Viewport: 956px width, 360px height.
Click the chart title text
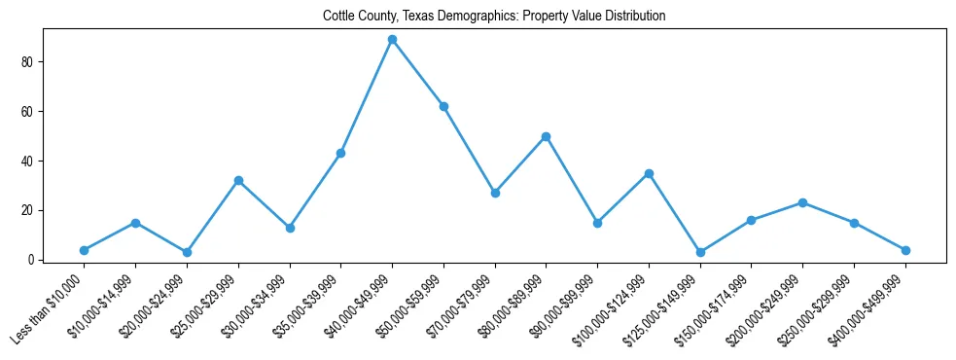point(495,17)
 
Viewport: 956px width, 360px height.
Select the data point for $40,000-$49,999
point(392,40)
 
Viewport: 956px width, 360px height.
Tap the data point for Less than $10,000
point(85,250)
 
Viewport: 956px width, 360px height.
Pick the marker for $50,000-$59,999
point(443,106)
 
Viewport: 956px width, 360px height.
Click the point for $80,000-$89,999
point(546,136)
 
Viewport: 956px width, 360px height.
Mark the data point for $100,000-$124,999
point(649,173)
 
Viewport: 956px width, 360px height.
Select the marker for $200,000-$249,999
point(802,202)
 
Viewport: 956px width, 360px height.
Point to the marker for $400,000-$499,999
point(905,250)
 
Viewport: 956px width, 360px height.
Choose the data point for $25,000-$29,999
point(238,181)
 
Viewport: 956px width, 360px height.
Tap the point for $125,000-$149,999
point(700,252)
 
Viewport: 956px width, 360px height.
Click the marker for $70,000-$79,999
point(495,193)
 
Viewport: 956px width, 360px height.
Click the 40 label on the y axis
point(29,161)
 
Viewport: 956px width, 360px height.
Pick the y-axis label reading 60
point(29,112)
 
